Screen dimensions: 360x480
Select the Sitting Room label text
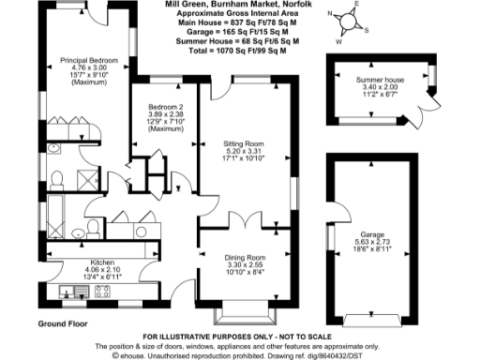click(x=243, y=144)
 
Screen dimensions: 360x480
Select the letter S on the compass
click(x=367, y=28)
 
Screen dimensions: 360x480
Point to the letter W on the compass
click(x=340, y=40)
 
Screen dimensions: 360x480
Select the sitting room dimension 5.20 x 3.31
click(x=243, y=152)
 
